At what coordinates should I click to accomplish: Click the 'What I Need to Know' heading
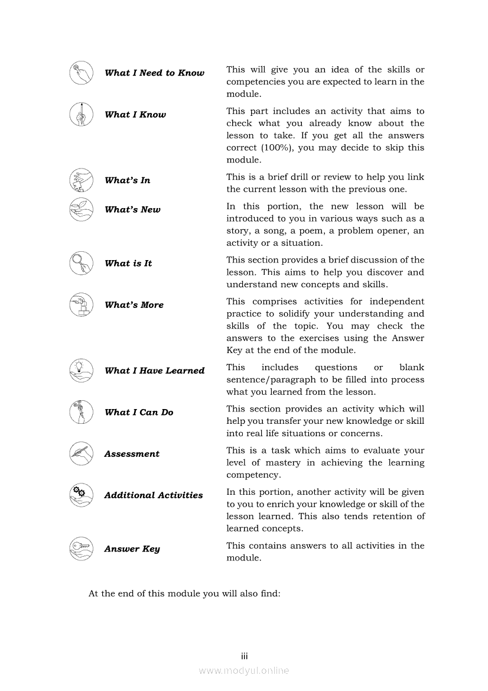click(x=154, y=73)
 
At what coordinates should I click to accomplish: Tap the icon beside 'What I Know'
click(x=81, y=114)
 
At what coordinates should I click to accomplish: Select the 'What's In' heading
click(x=127, y=180)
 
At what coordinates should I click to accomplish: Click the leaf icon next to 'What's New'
click(x=81, y=209)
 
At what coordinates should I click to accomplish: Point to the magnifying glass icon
click(x=81, y=263)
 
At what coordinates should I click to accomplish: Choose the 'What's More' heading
click(x=134, y=305)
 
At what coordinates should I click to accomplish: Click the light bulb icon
click(x=81, y=370)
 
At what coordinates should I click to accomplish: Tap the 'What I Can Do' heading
click(x=139, y=413)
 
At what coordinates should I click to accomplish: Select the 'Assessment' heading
click(x=132, y=454)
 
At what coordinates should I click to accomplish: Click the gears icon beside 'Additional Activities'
click(x=81, y=495)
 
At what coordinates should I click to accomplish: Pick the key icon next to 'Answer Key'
click(x=81, y=549)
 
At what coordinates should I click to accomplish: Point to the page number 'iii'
click(x=244, y=657)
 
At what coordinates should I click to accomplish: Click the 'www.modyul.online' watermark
click(x=244, y=671)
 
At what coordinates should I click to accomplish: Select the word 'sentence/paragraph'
click(x=271, y=379)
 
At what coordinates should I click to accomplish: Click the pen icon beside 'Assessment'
click(x=81, y=453)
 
